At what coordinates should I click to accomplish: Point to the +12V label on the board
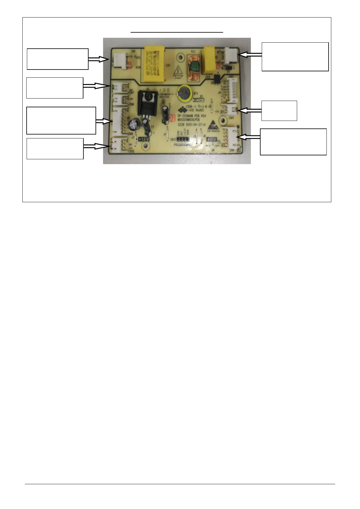click(144, 139)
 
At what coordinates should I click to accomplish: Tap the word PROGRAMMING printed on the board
click(183, 145)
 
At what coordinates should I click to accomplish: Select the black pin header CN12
click(183, 140)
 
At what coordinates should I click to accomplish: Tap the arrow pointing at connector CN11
click(251, 111)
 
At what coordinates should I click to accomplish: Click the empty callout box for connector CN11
click(279, 111)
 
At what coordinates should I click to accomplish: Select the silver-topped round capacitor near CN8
click(133, 124)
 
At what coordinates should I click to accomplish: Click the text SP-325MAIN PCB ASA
click(192, 116)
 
